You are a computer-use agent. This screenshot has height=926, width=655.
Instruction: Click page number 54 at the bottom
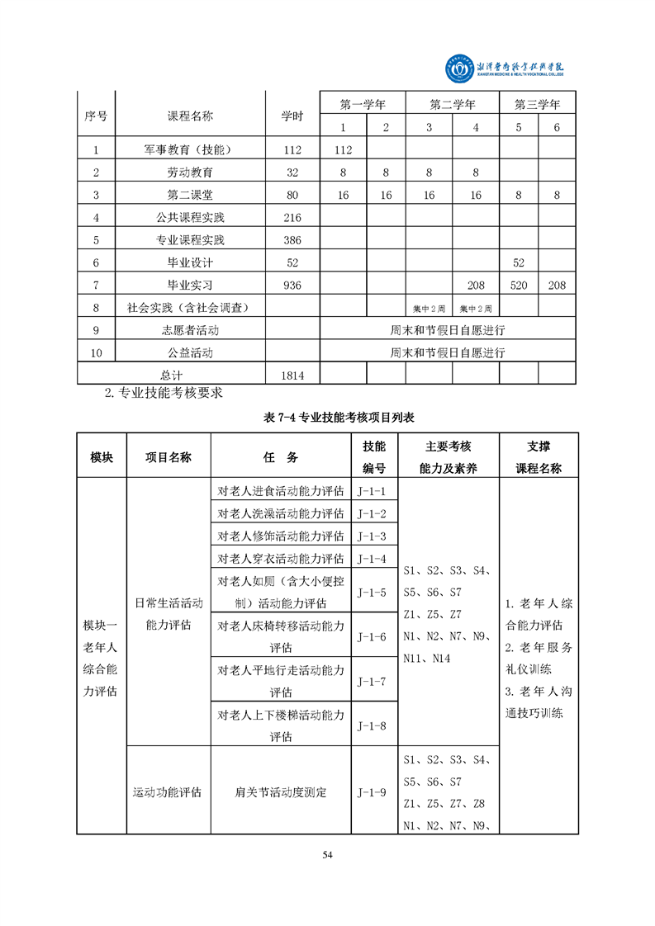coord(327,854)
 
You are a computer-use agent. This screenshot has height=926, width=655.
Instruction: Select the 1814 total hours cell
coord(292,376)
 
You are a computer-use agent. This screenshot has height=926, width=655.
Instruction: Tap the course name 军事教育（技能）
coord(190,150)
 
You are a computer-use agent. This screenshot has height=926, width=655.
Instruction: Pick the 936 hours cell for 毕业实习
coord(292,286)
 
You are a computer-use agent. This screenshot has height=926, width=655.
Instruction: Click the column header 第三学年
coord(537,105)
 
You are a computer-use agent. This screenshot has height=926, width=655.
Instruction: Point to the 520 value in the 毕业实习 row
coord(520,286)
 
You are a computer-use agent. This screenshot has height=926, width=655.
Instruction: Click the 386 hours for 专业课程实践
coord(292,240)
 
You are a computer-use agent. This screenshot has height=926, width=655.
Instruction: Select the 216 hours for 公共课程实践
coord(292,218)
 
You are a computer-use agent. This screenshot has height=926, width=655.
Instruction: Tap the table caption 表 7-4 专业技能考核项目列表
coord(327,418)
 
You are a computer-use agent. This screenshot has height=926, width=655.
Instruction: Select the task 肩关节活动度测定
coord(280,792)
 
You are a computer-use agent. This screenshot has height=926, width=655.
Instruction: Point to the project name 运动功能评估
coord(168,792)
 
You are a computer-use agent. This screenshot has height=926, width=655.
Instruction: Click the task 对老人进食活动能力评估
coord(280,490)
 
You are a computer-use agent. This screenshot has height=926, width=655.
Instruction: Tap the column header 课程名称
coord(190,116)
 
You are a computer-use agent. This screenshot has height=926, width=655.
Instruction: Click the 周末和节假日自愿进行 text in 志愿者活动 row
coord(447,330)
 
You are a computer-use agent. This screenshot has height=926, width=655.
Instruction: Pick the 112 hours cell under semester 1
coord(343,150)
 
